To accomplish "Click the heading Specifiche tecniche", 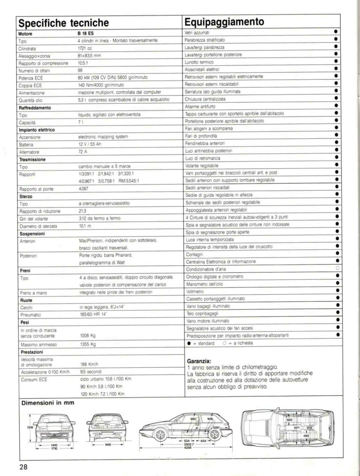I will coord(64,22).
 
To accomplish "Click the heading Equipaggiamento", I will coord(225,22).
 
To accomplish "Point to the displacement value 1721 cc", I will coord(85,48).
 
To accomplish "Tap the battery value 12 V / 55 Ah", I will coord(91,145).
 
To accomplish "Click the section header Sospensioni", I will coord(32,233).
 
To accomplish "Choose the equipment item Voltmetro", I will coord(195,291).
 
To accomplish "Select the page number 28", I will coord(24,467).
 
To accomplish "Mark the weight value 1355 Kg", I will coord(88,344).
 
